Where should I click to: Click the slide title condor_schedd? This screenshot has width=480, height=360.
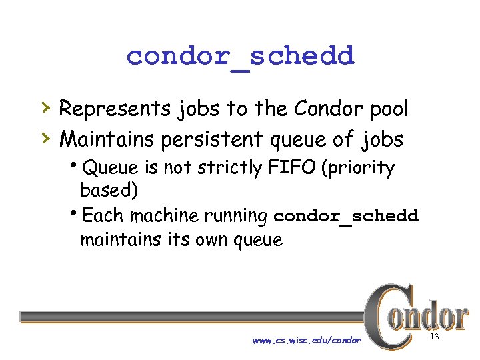[240, 56]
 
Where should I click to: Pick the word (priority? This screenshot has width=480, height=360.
[358, 169]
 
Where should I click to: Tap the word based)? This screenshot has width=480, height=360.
[109, 190]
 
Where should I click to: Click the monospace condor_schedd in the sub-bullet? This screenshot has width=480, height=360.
[346, 217]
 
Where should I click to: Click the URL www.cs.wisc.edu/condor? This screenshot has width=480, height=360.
[307, 341]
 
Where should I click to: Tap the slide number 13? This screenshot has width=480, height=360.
[435, 338]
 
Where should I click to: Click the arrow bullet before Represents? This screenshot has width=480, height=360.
[44, 107]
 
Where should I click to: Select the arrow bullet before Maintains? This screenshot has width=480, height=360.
[44, 137]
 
